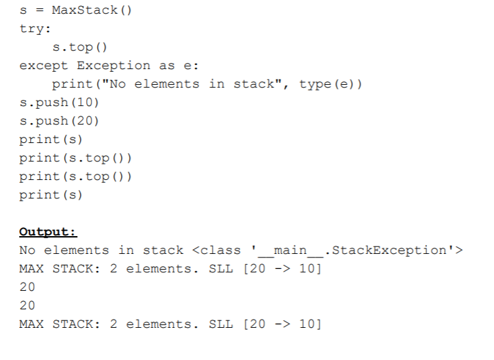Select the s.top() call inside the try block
pyautogui.click(x=80, y=48)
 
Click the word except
pyautogui.click(x=44, y=66)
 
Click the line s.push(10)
pyautogui.click(x=60, y=103)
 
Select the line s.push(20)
pyautogui.click(x=60, y=121)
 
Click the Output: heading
pyautogui.click(x=48, y=232)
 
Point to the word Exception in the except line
pyautogui.click(x=113, y=66)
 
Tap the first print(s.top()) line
pyautogui.click(x=75, y=158)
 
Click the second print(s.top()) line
pyautogui.click(x=75, y=176)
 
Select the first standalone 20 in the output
pyautogui.click(x=27, y=287)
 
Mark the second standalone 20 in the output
pyautogui.click(x=27, y=305)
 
